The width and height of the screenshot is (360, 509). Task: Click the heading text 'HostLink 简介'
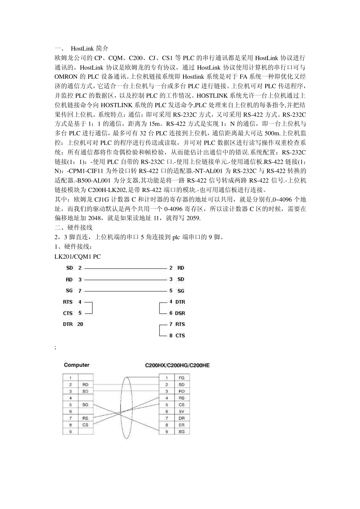[x=89, y=48]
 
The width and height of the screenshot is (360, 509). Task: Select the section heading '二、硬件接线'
[x=74, y=228]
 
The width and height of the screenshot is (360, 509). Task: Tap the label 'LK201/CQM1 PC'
[x=78, y=257]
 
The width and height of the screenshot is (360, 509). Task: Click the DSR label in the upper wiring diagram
[x=180, y=313]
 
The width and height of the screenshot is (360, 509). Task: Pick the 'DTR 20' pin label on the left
[x=73, y=324]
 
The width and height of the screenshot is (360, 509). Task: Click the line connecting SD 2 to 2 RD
[x=125, y=268]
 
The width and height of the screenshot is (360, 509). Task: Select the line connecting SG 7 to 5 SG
[x=125, y=291]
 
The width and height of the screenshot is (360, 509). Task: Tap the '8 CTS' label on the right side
[x=177, y=336]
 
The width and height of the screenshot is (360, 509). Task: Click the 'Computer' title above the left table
[x=77, y=365]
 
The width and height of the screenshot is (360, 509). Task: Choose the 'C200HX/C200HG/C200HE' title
[x=177, y=365]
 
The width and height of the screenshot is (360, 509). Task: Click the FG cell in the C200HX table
[x=182, y=378]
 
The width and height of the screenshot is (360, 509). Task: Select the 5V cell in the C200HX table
[x=182, y=412]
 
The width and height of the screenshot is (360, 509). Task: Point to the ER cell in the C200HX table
[x=182, y=425]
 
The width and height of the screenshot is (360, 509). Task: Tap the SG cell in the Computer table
[x=85, y=405]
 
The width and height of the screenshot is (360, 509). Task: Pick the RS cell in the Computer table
[x=85, y=418]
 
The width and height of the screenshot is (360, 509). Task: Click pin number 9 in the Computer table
[x=70, y=432]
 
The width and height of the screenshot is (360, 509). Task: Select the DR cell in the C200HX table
[x=182, y=418]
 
